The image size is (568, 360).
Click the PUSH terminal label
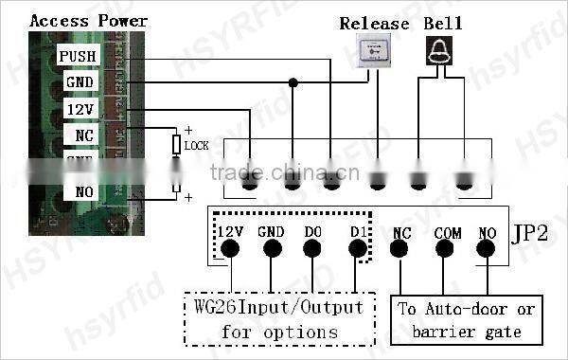click(x=79, y=57)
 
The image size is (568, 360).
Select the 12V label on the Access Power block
click(x=79, y=110)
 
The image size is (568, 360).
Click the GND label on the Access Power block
click(x=79, y=83)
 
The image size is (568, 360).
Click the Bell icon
click(x=436, y=50)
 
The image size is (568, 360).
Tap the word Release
click(x=374, y=24)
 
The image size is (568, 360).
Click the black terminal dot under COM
click(x=446, y=249)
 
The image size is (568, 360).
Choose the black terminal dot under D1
click(x=357, y=249)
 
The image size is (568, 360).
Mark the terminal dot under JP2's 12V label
click(x=230, y=249)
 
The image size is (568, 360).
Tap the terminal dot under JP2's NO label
click(x=487, y=249)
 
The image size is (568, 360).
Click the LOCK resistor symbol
click(x=175, y=145)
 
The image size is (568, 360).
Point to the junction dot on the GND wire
click(x=293, y=83)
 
